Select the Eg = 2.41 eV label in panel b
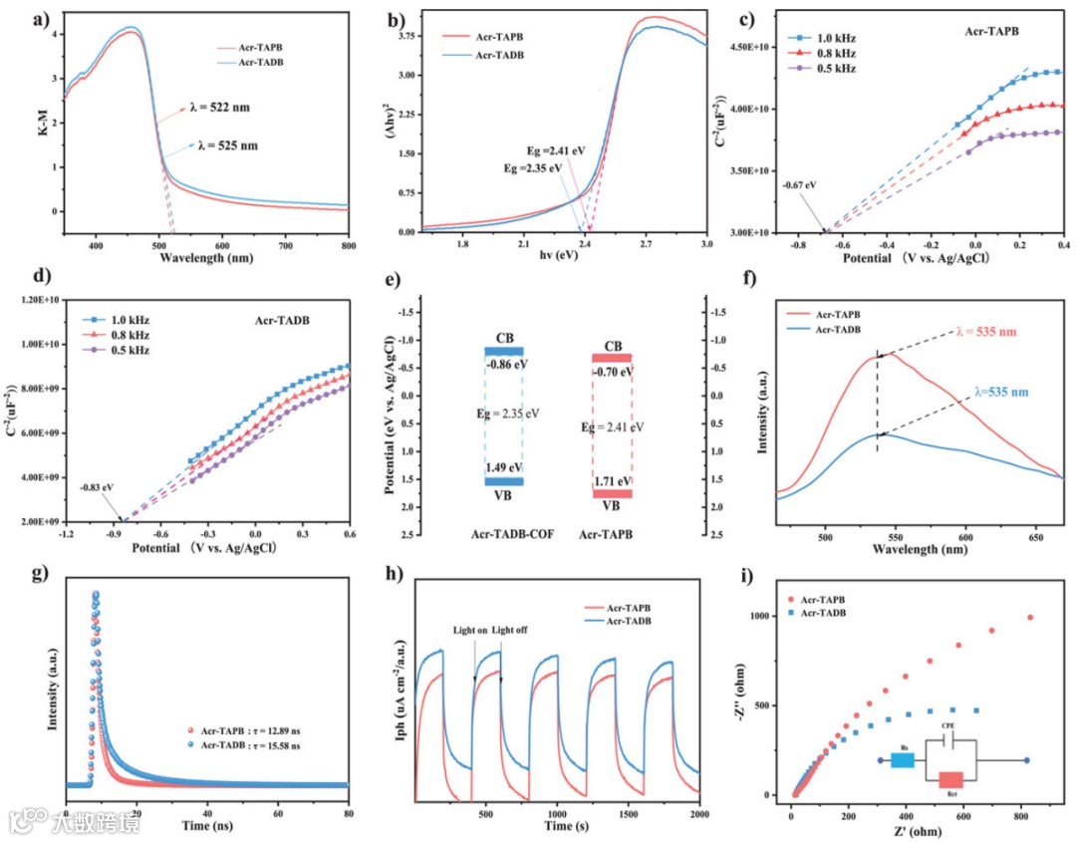coord(557,150)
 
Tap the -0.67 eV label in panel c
coord(799,184)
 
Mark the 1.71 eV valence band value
coord(612,480)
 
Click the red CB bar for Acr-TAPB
coord(612,358)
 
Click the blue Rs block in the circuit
coord(903,760)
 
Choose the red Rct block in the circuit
coord(950,780)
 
